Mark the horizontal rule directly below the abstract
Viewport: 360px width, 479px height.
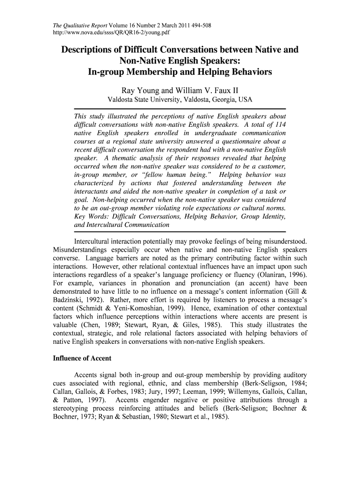pos(180,232)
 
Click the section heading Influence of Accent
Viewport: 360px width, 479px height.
pos(81,359)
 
